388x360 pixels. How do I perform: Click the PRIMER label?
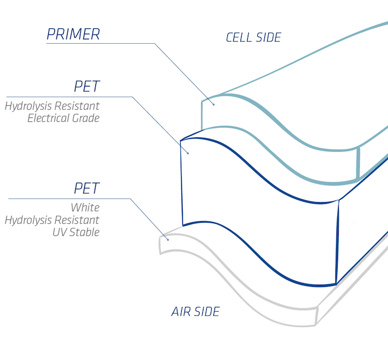pyautogui.click(x=73, y=34)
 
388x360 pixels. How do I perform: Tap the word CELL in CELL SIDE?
pyautogui.click(x=239, y=37)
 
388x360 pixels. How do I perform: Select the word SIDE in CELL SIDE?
pyautogui.click(x=268, y=37)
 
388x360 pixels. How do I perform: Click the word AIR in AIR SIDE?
pyautogui.click(x=181, y=311)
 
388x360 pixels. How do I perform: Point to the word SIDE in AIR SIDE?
pyautogui.click(x=207, y=311)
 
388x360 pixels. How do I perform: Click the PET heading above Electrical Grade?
pyautogui.click(x=87, y=86)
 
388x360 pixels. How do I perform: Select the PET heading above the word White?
pyautogui.click(x=87, y=188)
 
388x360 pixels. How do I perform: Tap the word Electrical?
pyautogui.click(x=49, y=118)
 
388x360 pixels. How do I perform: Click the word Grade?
pyautogui.click(x=86, y=118)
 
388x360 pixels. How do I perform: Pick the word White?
pyautogui.click(x=85, y=208)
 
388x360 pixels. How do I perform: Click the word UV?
pyautogui.click(x=60, y=232)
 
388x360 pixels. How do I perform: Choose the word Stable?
pyautogui.click(x=84, y=232)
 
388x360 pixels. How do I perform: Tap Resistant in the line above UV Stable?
pyautogui.click(x=76, y=220)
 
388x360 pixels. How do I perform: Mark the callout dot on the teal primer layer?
pyautogui.click(x=213, y=105)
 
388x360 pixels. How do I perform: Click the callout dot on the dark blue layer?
pyautogui.click(x=188, y=153)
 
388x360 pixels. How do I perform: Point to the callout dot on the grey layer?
pyautogui.click(x=168, y=240)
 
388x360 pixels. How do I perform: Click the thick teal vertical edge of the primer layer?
pyautogui.click(x=358, y=163)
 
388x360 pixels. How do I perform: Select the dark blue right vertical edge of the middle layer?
pyautogui.click(x=337, y=242)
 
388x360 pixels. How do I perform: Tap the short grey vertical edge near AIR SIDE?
pyautogui.click(x=316, y=316)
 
